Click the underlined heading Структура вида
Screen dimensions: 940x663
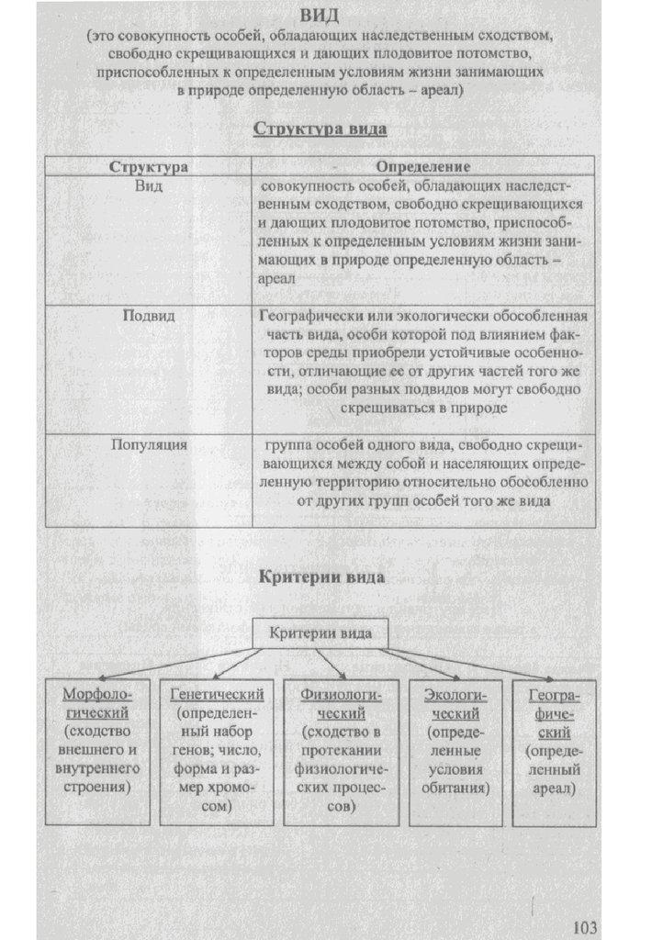(320, 129)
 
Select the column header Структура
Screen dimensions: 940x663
(149, 167)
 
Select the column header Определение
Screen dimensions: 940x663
(423, 167)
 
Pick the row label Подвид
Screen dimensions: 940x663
(149, 315)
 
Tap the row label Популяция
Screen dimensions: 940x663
(149, 445)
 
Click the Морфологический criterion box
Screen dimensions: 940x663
(96, 751)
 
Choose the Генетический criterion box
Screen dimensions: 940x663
(217, 751)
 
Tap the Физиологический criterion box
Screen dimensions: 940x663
(341, 751)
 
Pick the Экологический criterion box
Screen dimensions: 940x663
(456, 751)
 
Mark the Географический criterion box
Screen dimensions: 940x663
(554, 751)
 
